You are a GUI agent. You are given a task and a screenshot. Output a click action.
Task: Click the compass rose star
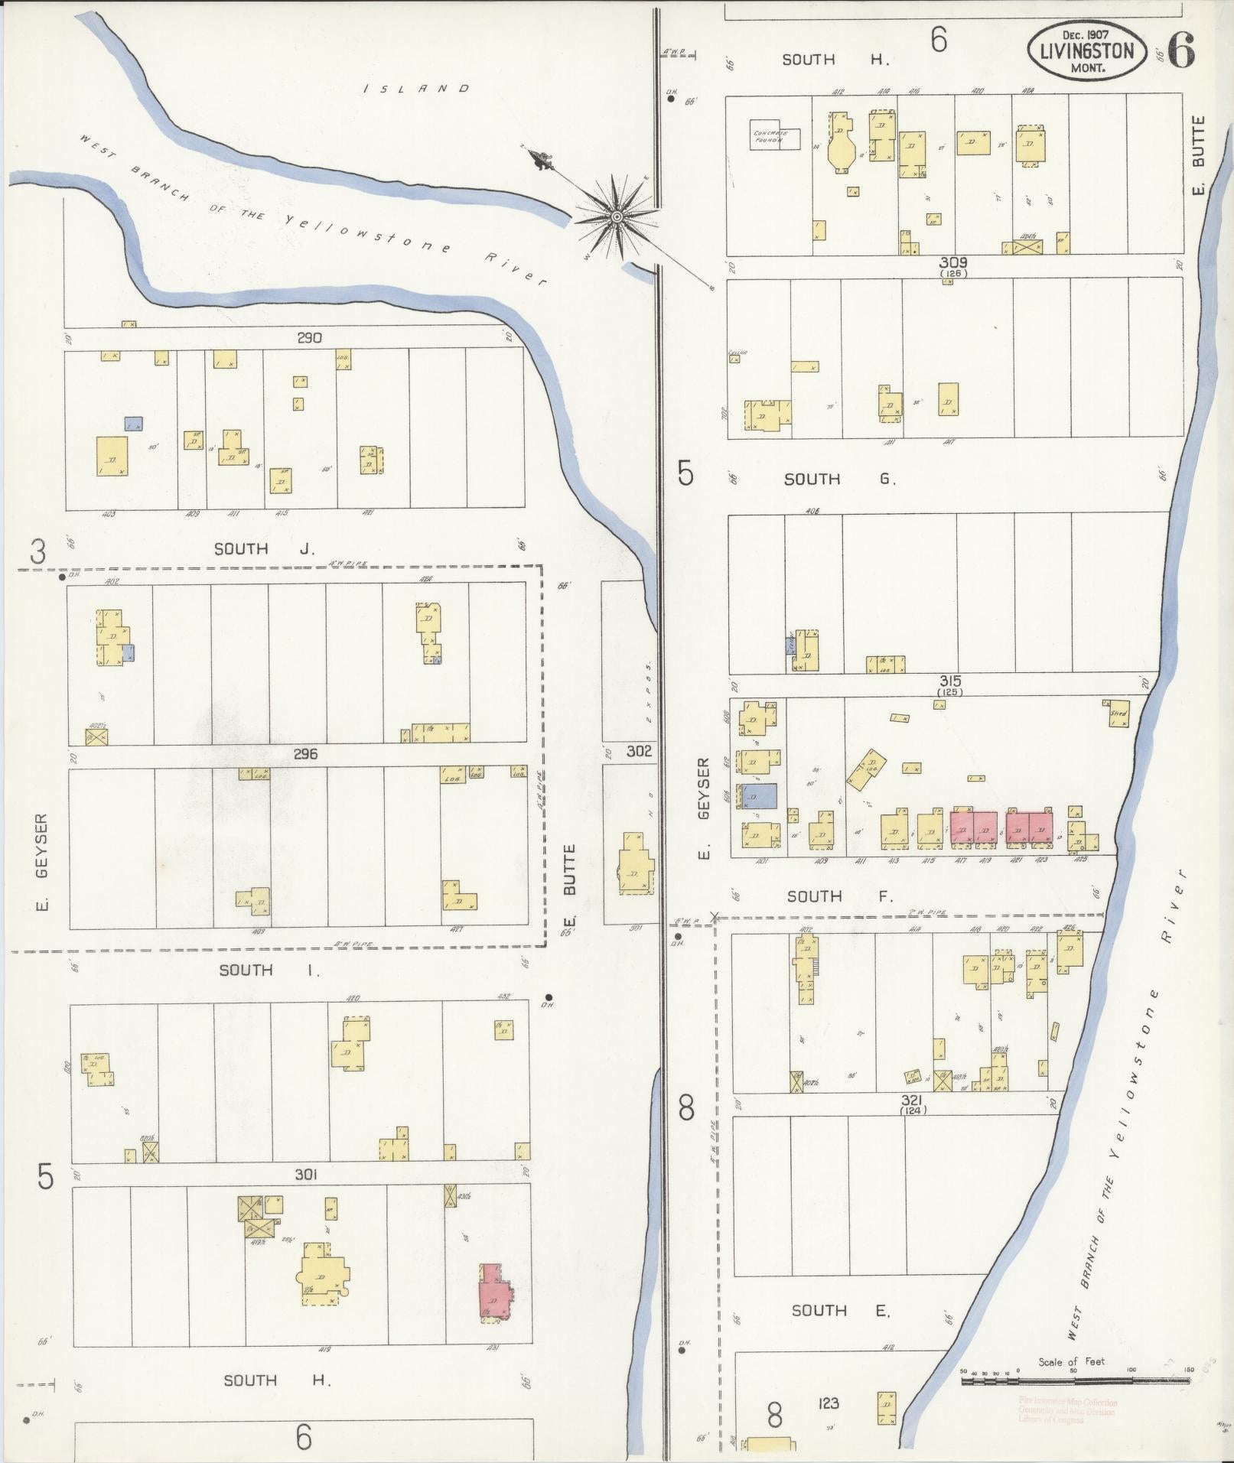coord(615,218)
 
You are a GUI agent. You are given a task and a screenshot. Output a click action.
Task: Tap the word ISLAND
coord(416,89)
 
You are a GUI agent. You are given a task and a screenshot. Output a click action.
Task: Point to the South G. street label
coord(839,479)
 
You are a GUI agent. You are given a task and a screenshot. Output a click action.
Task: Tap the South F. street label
coord(839,896)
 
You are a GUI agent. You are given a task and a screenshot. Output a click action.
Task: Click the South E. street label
coord(840,1310)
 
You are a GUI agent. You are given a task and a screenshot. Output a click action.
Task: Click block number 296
coord(304,754)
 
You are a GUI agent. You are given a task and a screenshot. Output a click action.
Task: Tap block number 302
coord(638,751)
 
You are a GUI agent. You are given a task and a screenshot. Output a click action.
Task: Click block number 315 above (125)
coord(951,680)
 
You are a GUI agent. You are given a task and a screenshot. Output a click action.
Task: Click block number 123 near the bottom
coord(829,1403)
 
